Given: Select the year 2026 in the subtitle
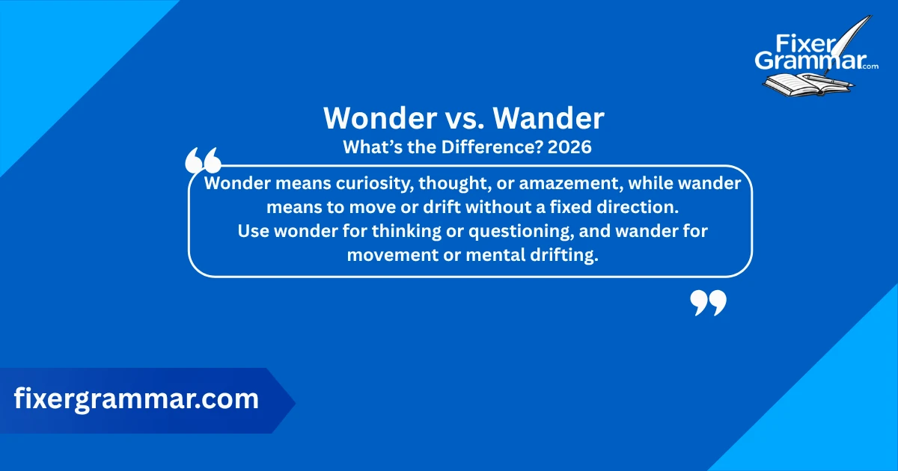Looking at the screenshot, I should point(569,147).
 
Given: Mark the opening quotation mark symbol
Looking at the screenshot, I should point(202,161).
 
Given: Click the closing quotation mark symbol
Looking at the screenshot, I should point(708,303).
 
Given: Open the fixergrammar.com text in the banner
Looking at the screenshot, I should point(136,399).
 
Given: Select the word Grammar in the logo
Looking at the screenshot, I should point(808,61).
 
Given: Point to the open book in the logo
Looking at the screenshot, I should point(793,84).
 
